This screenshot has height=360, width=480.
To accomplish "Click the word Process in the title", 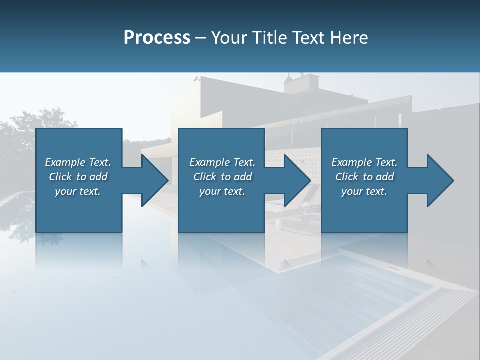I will click(x=157, y=38).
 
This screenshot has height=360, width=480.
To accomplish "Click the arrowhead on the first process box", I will click(x=152, y=180).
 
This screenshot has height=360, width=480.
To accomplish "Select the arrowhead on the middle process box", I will click(x=295, y=180).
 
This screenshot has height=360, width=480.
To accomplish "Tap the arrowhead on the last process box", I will click(x=438, y=180).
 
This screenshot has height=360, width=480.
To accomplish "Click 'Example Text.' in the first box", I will click(x=78, y=162).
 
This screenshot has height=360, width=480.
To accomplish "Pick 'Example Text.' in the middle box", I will click(x=222, y=162).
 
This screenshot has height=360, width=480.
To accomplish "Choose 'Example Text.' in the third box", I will click(x=364, y=162).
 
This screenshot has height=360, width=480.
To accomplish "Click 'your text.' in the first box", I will click(x=78, y=191).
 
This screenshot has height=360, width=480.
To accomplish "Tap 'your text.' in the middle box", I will click(x=222, y=191).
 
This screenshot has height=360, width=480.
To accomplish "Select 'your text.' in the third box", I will click(x=364, y=191).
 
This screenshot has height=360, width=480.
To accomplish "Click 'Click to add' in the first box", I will click(x=78, y=177).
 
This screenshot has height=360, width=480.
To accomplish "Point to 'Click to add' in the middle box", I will click(x=222, y=177).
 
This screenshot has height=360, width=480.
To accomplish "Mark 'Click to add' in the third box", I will click(x=364, y=177).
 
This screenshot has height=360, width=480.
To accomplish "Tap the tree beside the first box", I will click(x=20, y=135).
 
